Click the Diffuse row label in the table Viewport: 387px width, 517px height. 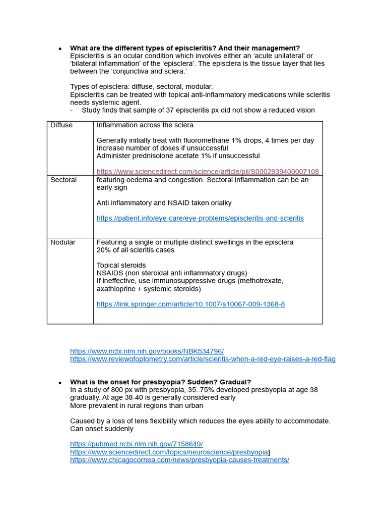61,125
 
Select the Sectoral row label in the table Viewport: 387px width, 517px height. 63,180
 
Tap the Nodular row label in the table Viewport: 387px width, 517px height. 63,242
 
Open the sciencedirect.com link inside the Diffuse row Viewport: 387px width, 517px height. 207,172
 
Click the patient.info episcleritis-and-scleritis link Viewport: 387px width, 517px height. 200,218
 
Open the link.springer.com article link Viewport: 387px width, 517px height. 190,304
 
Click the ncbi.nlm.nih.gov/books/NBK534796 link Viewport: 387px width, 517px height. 147,351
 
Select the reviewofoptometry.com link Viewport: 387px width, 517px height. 203,359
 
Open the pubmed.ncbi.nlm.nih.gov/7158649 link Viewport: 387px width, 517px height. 136,444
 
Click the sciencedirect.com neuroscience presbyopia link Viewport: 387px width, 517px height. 169,452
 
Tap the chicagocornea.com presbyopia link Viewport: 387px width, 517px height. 179,460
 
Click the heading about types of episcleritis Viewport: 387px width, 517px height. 184,48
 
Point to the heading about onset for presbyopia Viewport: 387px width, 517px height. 160,382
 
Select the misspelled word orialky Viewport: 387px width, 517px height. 219,203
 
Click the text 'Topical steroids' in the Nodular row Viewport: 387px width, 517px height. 121,265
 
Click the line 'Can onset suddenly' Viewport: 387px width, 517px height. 102,429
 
